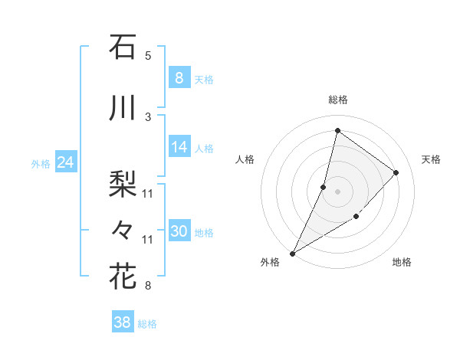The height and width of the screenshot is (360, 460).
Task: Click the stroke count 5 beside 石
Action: coord(148,55)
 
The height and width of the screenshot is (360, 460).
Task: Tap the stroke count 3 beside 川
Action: coord(148,116)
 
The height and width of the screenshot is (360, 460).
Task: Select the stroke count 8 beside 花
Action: coord(148,286)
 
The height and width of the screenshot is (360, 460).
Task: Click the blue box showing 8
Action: coord(179,78)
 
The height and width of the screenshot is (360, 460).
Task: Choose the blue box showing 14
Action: coord(179,147)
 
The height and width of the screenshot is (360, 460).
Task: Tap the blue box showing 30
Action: coord(179,231)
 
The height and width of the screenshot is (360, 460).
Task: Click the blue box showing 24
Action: coord(66,162)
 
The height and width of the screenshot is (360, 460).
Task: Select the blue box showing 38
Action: coord(123,322)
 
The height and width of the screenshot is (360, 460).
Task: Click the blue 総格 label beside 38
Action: coord(147,324)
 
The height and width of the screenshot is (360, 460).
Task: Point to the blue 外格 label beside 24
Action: coord(41,163)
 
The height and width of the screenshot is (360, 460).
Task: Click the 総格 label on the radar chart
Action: coord(337,100)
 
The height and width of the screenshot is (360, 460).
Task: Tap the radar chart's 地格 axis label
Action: coord(402,262)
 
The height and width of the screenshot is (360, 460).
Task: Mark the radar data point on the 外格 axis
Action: coord(292,253)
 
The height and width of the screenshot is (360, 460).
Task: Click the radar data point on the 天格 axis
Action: coord(396,172)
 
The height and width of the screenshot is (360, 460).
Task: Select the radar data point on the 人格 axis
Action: coord(324,187)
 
